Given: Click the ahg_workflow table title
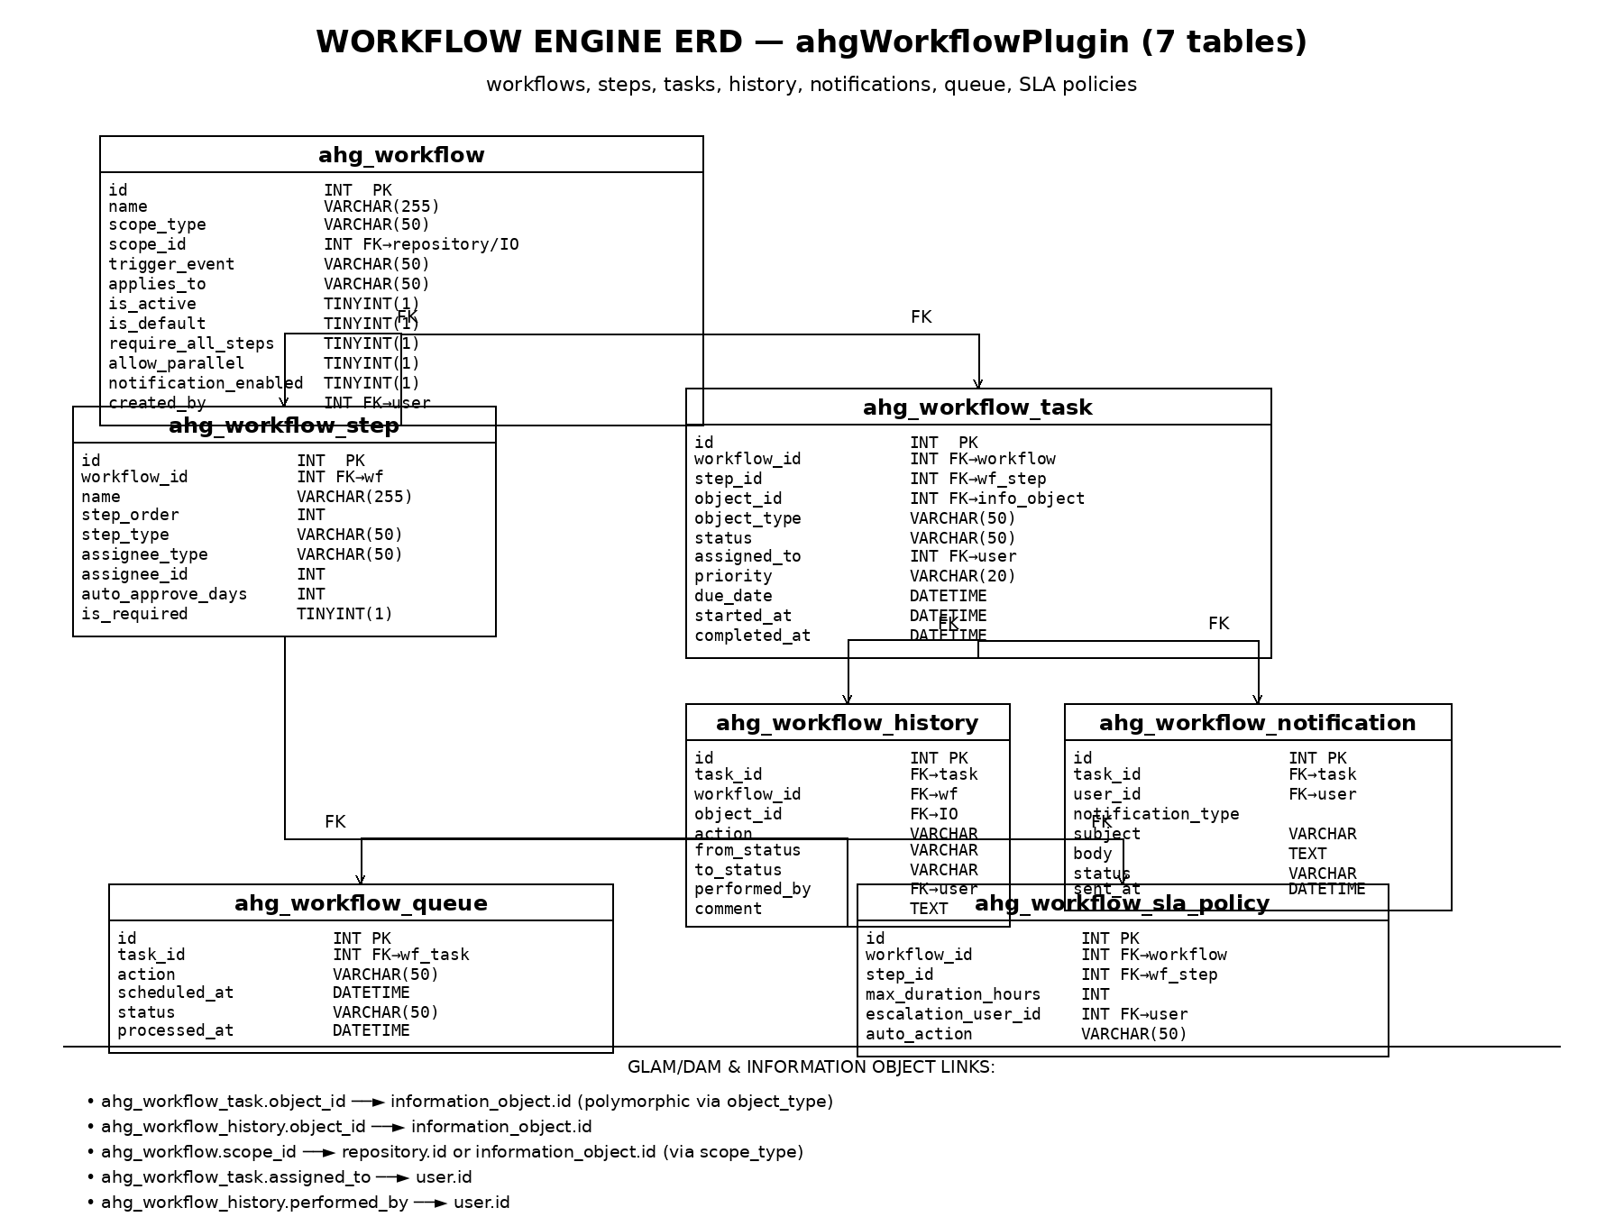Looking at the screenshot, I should (x=401, y=155).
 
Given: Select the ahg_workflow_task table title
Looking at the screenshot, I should (x=977, y=407).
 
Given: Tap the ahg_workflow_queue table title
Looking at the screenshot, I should (x=361, y=903).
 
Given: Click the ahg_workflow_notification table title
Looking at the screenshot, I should (x=1257, y=723).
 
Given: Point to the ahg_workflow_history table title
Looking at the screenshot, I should (x=847, y=723).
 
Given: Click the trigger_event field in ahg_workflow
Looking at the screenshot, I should (x=171, y=264).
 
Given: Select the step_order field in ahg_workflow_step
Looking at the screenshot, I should (x=130, y=515).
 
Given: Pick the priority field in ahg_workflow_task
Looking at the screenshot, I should (x=733, y=576).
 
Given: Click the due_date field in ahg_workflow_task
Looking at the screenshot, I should (x=733, y=596).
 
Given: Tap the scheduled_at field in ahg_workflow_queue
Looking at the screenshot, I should (x=175, y=993).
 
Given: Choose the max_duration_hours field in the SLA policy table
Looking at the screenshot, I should (x=953, y=994).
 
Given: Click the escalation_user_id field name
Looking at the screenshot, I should (x=953, y=1014).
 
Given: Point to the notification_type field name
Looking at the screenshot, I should (x=1156, y=814).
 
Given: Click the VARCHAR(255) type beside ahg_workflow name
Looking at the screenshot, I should (x=381, y=206).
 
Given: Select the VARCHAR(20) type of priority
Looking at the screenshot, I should (x=962, y=576).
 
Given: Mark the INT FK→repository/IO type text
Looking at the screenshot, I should (x=421, y=244).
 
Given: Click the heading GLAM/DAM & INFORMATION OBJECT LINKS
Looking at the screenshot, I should (x=811, y=1067).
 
